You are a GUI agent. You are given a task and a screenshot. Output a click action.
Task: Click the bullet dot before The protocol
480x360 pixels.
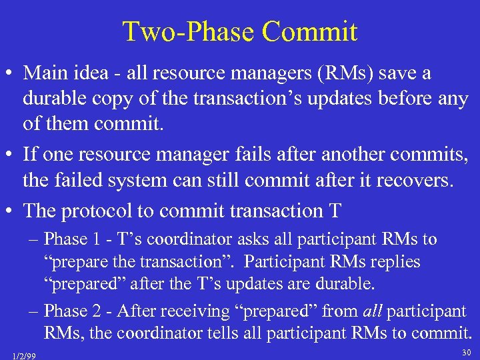click(10, 211)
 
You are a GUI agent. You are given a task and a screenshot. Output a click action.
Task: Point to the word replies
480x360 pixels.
click(396, 262)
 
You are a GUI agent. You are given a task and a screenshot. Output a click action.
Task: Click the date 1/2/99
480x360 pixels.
click(24, 354)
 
